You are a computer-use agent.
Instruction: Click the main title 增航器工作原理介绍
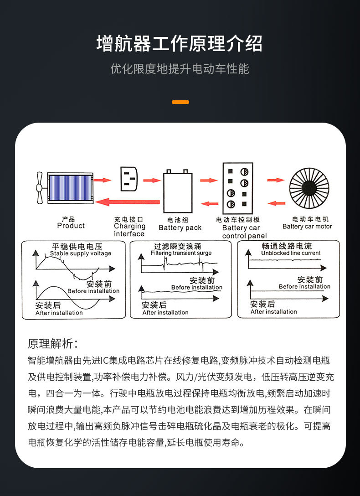[180, 44]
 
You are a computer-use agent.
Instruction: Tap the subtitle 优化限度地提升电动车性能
[180, 69]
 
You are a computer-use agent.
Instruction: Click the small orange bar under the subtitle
[180, 102]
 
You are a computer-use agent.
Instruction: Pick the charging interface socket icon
[129, 179]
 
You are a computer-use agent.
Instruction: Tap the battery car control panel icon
[237, 187]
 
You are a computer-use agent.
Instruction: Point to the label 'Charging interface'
[129, 230]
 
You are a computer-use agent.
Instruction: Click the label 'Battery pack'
[180, 227]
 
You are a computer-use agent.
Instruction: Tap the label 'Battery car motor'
[307, 227]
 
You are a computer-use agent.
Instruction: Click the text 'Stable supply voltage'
[81, 253]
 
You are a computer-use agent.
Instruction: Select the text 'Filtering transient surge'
[181, 253]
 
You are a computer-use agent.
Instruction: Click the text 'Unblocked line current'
[291, 253]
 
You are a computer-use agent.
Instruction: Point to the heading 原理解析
[53, 343]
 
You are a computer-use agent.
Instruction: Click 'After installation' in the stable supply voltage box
[59, 313]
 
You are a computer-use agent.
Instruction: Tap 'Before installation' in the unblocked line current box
[304, 286]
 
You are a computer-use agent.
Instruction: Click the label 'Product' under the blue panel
[71, 226]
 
